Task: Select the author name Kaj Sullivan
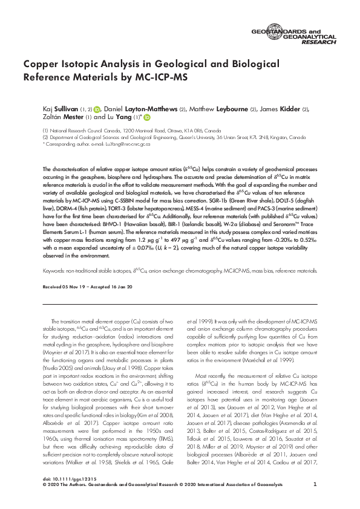pyautogui.click(x=58, y=109)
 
